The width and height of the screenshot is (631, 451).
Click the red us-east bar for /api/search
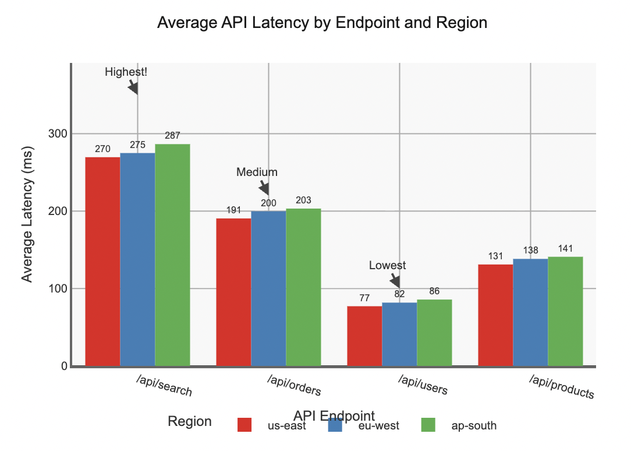(x=102, y=262)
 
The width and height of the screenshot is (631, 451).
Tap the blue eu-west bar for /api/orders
(x=268, y=288)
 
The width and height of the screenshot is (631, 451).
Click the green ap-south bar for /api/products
(x=565, y=311)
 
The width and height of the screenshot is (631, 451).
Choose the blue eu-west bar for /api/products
(x=530, y=312)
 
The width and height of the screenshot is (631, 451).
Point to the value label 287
(x=172, y=135)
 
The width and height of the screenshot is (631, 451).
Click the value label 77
(x=364, y=298)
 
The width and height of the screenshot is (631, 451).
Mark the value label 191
(x=233, y=210)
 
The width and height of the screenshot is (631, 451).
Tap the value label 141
(x=565, y=249)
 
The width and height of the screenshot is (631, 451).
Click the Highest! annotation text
(x=126, y=72)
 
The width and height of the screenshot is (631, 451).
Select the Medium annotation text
(x=257, y=172)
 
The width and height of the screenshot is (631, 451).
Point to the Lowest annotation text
(x=388, y=266)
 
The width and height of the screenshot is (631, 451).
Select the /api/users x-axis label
(x=423, y=386)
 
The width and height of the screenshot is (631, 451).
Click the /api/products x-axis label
(x=562, y=388)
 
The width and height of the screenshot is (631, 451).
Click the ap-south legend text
(x=474, y=425)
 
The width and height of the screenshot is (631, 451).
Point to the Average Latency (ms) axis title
(x=27, y=214)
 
